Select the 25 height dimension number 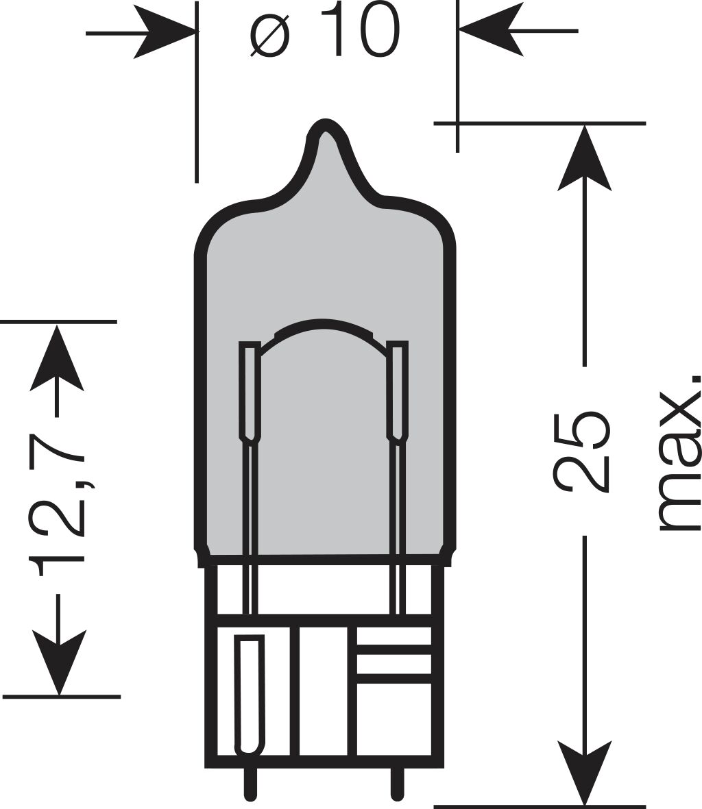[582, 451]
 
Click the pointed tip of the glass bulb [325, 125]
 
